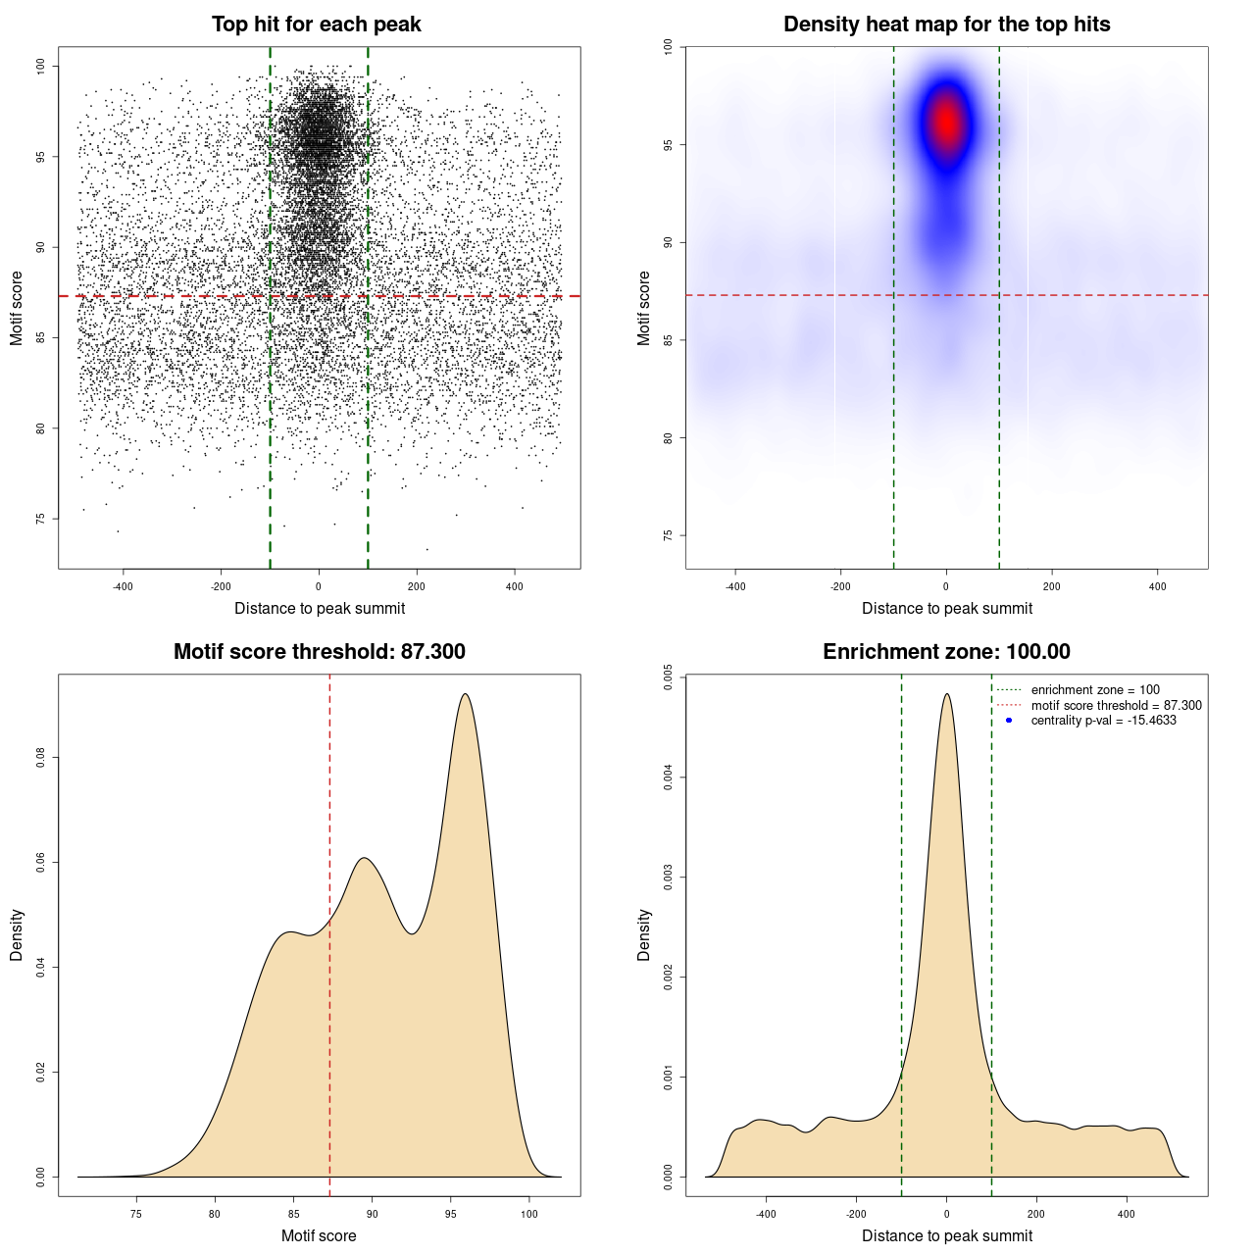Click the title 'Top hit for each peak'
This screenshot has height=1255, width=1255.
(317, 25)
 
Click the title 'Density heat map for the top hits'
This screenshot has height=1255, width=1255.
(946, 25)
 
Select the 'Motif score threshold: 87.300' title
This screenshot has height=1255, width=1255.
(319, 652)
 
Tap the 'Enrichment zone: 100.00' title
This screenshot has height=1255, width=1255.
(946, 652)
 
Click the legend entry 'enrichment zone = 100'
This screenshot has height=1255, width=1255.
(1095, 690)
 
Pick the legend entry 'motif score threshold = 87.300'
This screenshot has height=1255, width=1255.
(1116, 706)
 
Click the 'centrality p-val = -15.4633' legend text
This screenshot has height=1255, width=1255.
(1103, 721)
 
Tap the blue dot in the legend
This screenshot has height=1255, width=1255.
(1009, 721)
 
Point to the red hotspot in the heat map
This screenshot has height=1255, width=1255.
(946, 124)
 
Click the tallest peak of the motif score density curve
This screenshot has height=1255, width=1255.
(465, 695)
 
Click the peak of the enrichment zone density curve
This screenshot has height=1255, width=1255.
(946, 695)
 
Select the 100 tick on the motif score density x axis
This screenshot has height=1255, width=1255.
(529, 1214)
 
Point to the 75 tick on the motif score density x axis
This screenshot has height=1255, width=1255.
(136, 1214)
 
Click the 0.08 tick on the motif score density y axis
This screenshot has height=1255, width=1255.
(40, 758)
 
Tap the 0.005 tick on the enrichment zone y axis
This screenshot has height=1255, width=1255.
(668, 678)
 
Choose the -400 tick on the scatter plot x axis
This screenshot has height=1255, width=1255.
(123, 586)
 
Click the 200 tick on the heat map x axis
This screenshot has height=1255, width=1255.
(1052, 586)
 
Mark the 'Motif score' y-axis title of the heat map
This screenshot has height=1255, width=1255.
(644, 308)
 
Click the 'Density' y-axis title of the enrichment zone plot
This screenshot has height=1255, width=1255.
(644, 934)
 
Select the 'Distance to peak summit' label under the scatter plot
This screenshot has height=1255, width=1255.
(320, 609)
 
